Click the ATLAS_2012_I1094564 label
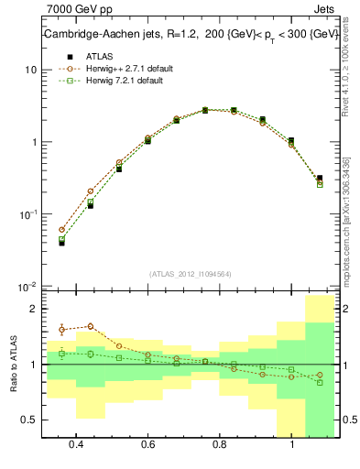pyautogui.click(x=191, y=273)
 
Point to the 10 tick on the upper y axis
pyautogui.click(x=30, y=71)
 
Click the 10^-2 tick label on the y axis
pyautogui.click(x=27, y=286)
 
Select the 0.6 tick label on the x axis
pyautogui.click(x=148, y=444)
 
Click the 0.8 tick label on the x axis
pyautogui.click(x=220, y=444)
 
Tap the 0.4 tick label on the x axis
pyautogui.click(x=77, y=444)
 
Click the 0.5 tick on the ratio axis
pyautogui.click(x=29, y=420)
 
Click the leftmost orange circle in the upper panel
pyautogui.click(x=61, y=230)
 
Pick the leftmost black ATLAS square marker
pyautogui.click(x=61, y=243)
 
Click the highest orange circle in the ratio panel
pyautogui.click(x=90, y=326)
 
